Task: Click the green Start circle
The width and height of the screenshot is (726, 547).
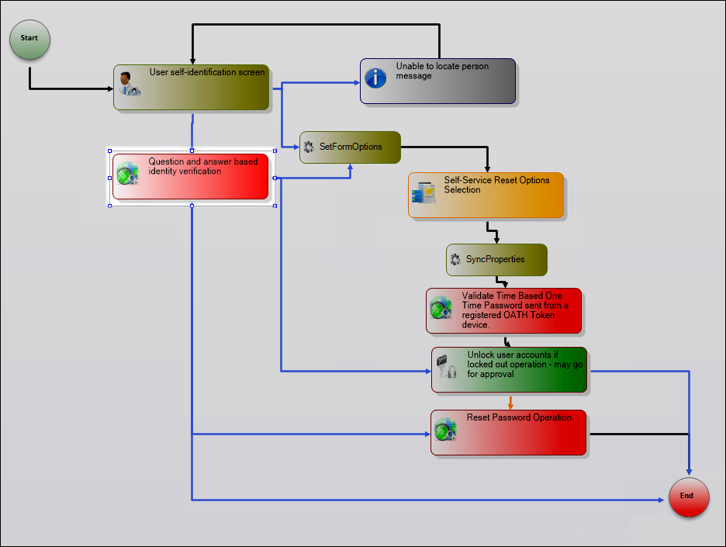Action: pyautogui.click(x=29, y=38)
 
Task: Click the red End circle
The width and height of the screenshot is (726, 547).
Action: pyautogui.click(x=689, y=496)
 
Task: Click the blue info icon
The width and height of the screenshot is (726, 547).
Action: pyautogui.click(x=375, y=78)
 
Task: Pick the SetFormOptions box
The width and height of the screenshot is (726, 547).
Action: pyautogui.click(x=351, y=147)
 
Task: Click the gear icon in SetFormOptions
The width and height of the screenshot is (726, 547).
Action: pyautogui.click(x=309, y=147)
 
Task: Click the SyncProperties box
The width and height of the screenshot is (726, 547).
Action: pyautogui.click(x=496, y=259)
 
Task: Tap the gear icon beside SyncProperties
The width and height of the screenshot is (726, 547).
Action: pyautogui.click(x=455, y=259)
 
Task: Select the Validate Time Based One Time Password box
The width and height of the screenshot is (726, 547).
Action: pyautogui.click(x=503, y=310)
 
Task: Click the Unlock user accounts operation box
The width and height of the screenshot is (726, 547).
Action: pyautogui.click(x=509, y=369)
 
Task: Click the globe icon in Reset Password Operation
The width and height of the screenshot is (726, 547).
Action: pyautogui.click(x=445, y=429)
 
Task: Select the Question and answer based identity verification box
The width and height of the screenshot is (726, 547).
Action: pyautogui.click(x=191, y=176)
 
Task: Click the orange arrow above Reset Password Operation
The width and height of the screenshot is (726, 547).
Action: pyautogui.click(x=510, y=403)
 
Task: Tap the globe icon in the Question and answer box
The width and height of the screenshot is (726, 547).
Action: pyautogui.click(x=128, y=174)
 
